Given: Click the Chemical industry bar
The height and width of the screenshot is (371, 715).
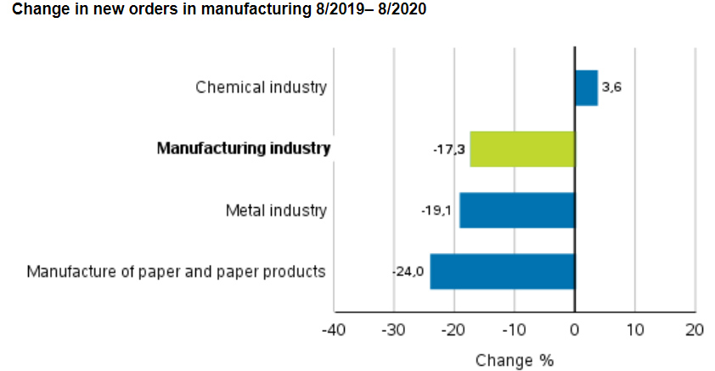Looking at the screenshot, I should [x=586, y=87].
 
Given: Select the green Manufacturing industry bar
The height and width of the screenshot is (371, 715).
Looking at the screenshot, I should [x=522, y=149].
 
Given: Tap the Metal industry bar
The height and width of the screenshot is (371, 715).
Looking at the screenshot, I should [x=517, y=211].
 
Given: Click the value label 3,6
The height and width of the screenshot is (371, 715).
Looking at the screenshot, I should [x=612, y=87].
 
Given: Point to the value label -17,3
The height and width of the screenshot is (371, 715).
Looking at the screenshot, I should [x=448, y=149].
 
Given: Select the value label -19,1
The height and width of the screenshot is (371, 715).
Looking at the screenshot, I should [x=437, y=211].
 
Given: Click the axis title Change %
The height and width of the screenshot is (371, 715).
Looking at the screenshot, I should [x=515, y=360].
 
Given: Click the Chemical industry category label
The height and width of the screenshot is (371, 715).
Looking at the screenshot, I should [x=261, y=87].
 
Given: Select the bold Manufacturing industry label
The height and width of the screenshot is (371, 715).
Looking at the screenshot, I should [x=244, y=149].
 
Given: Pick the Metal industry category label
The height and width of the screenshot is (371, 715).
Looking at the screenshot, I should [x=276, y=211].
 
